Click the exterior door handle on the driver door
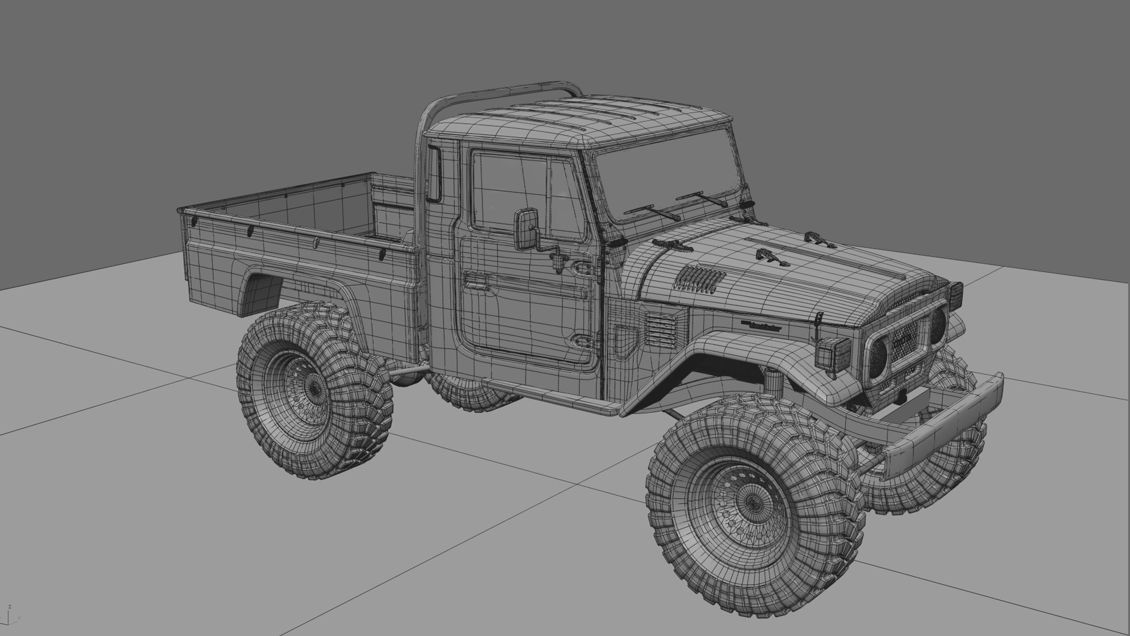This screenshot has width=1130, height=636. point(478,281)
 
